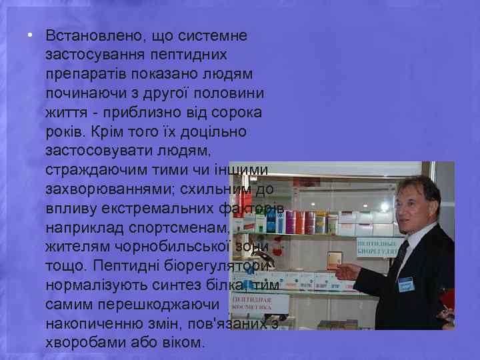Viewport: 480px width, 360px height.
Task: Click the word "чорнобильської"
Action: (x=162, y=247)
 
